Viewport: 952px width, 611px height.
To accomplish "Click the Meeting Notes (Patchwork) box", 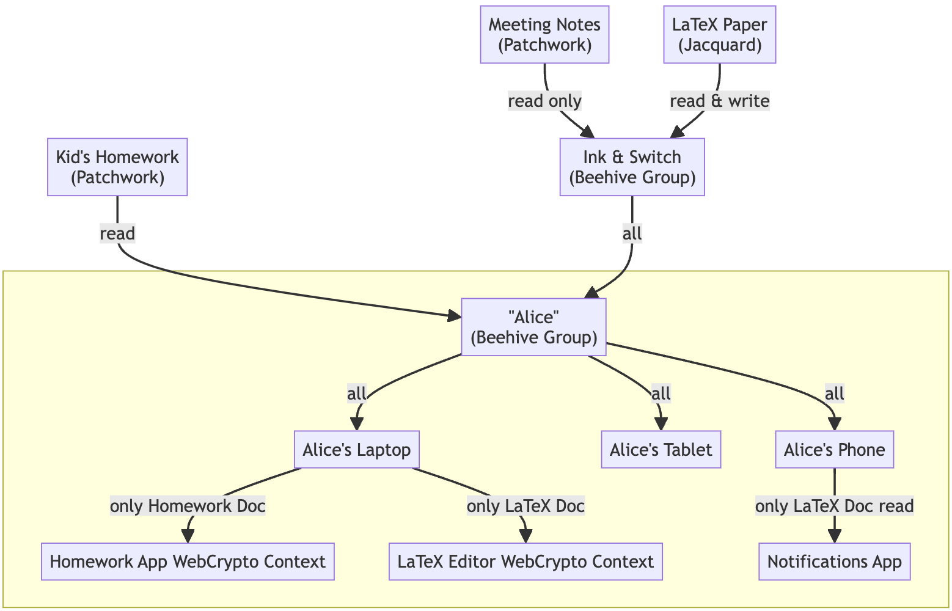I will coord(544,35).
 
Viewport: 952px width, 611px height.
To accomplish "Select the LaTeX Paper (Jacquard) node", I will coord(719,35).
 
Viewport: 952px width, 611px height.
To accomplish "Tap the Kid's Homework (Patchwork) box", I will coord(117,167).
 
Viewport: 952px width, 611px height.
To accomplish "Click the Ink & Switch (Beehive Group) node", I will coord(632,167).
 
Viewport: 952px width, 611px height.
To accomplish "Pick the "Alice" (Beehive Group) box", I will coord(533,327).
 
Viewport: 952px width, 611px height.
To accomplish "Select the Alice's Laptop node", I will coord(357,450).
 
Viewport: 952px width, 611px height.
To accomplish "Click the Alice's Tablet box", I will coord(661,450).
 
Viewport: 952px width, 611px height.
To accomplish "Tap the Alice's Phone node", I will coord(834,450).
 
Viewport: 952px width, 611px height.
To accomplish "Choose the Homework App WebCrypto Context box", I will coord(188,562).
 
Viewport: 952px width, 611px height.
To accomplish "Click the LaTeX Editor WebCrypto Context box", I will coord(525,562).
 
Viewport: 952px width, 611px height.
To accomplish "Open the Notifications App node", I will coord(834,562).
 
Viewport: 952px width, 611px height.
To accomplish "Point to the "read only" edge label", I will coord(544,101).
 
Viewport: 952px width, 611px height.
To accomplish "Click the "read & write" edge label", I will coord(719,101).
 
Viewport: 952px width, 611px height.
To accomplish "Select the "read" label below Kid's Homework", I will coord(117,233).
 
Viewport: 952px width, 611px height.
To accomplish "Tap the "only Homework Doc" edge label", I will coord(188,506).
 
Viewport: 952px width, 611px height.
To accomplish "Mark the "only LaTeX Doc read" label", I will coord(834,506).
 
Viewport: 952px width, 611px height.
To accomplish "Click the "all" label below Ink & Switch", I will coord(632,233).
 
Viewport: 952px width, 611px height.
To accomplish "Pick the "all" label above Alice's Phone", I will coord(834,394).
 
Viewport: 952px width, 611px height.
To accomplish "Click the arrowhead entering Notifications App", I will coord(834,536).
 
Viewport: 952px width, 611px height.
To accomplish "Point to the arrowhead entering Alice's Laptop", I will coord(356,425).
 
